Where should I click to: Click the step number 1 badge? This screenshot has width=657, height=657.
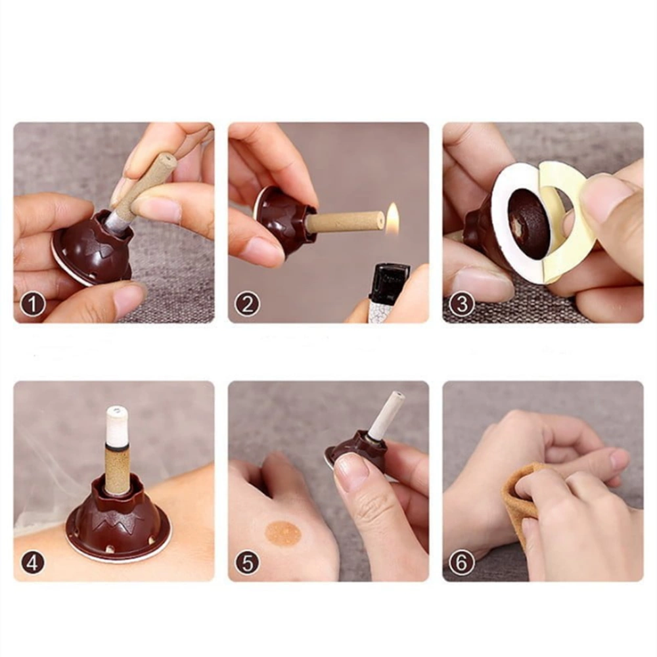[x=32, y=304]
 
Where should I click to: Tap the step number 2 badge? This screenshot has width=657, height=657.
[x=247, y=304]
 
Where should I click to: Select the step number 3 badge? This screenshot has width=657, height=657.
[x=462, y=304]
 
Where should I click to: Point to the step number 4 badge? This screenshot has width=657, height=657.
[x=32, y=563]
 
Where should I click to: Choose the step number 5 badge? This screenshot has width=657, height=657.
[x=247, y=563]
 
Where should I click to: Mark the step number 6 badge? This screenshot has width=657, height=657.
[x=462, y=563]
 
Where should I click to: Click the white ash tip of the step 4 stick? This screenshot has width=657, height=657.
[x=117, y=428]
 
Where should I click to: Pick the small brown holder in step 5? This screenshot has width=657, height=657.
[x=359, y=453]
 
